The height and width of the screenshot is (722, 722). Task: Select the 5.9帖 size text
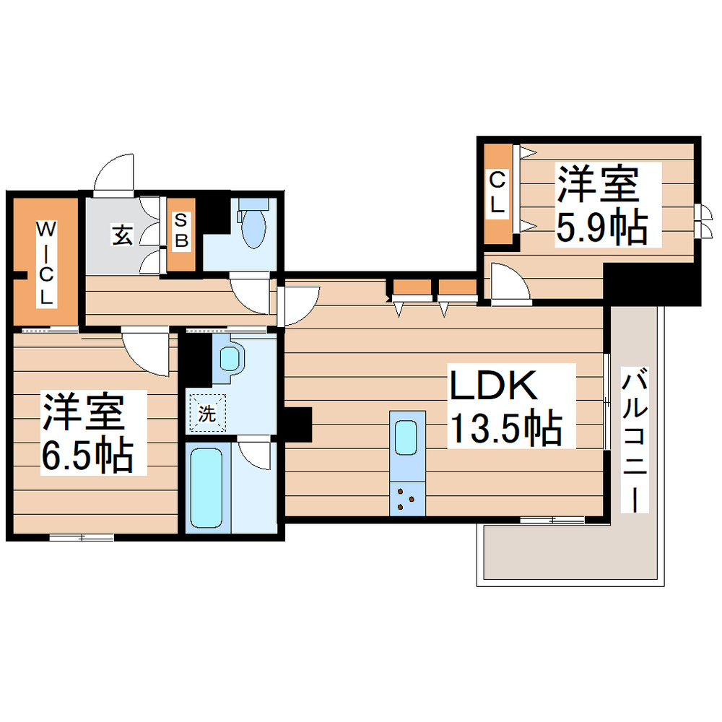click(x=600, y=227)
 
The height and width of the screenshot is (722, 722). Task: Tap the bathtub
click(x=206, y=487)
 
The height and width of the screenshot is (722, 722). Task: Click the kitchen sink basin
click(x=406, y=436)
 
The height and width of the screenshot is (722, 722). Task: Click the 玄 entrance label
click(x=121, y=235)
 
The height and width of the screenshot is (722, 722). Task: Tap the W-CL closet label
click(x=45, y=263)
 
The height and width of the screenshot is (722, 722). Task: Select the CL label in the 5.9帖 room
click(x=497, y=192)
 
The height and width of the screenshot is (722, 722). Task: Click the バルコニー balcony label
click(x=635, y=440)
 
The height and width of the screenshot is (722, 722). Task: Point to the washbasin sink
click(x=230, y=357)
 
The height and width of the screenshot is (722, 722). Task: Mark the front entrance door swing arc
click(x=114, y=173)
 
